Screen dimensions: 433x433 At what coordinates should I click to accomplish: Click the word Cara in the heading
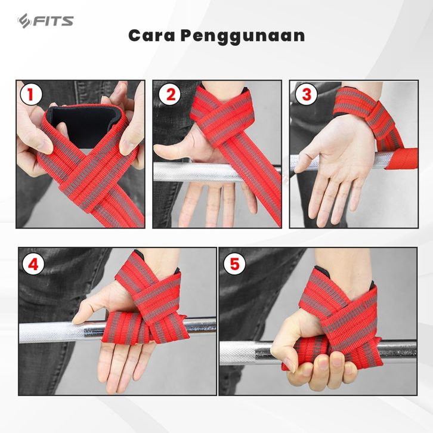tap(151, 36)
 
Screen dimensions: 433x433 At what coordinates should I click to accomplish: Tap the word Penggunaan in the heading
tap(243, 36)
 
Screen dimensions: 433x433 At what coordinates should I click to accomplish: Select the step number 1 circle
tap(31, 94)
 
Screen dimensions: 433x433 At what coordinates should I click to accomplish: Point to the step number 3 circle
tap(306, 94)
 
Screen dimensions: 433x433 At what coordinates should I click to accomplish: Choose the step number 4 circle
tap(33, 264)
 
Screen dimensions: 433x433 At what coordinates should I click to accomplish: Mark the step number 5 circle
tap(234, 263)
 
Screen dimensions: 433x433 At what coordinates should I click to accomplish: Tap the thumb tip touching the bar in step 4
tap(75, 320)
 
